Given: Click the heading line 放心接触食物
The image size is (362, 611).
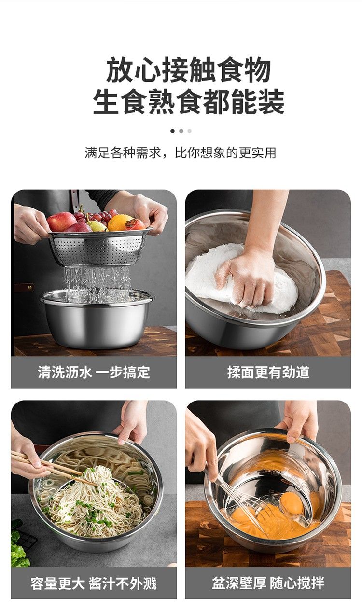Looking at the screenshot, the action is click(188, 70).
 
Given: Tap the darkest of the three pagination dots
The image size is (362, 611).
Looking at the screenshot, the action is click(172, 131).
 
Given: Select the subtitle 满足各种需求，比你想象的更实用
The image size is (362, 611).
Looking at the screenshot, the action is click(181, 153).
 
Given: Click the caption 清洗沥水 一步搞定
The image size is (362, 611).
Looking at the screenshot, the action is click(94, 372).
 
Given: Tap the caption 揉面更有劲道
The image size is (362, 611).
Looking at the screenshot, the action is click(268, 372).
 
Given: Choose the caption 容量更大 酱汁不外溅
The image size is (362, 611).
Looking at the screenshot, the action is click(94, 583).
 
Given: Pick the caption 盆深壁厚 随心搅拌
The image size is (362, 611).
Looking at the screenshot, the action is click(268, 583).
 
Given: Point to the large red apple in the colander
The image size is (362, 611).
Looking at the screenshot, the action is click(61, 222).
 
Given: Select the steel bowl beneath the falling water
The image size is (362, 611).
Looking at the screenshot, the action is click(97, 319).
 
